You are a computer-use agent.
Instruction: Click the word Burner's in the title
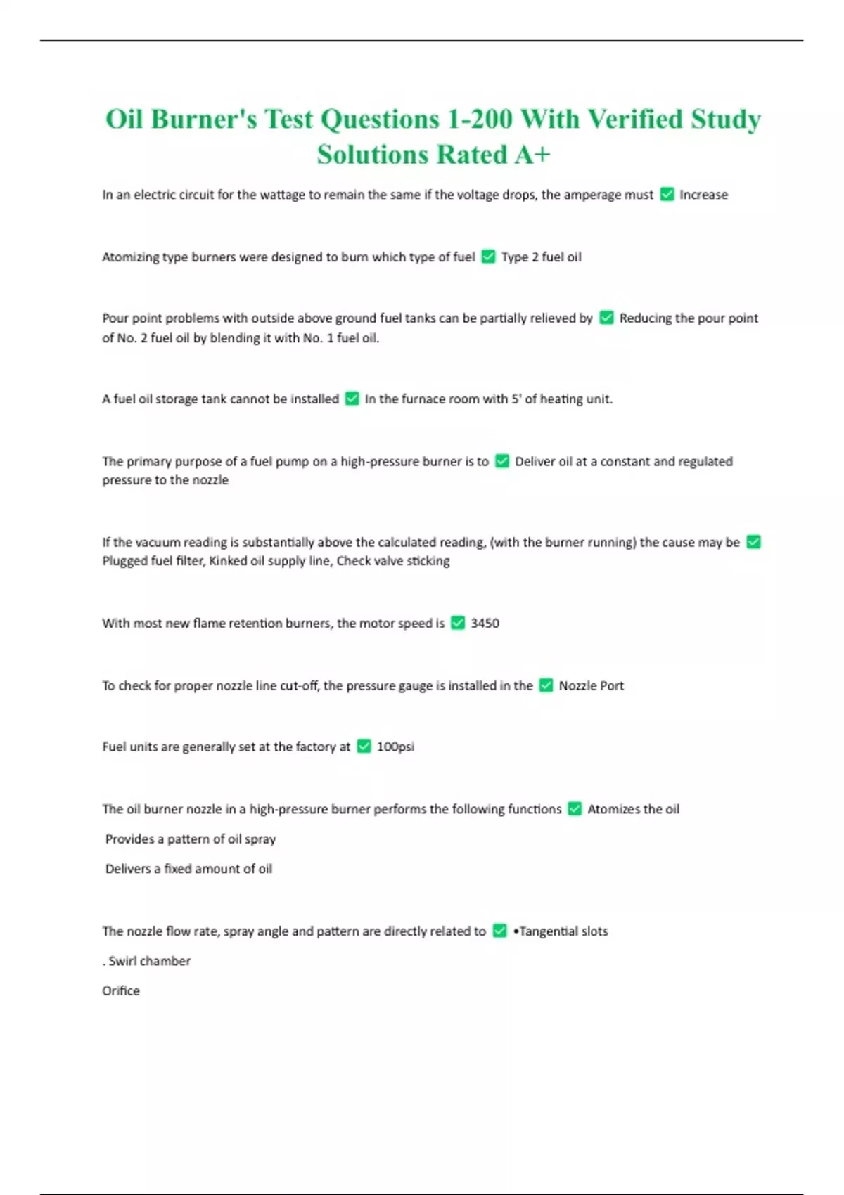pos(203,119)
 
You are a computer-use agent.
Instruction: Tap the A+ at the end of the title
pos(532,155)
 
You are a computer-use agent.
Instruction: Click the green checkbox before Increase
pos(667,195)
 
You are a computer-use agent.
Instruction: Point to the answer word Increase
pos(703,195)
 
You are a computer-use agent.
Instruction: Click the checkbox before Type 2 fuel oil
pos(488,257)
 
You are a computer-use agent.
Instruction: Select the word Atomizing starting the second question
pos(130,257)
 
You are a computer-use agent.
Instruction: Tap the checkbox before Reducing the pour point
pos(606,318)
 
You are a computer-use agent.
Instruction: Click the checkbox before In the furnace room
pos(352,399)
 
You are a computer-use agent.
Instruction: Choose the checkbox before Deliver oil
pos(502,461)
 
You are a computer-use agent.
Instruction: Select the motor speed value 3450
pos(485,624)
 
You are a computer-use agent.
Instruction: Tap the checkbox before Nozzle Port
pos(546,685)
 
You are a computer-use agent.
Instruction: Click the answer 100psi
pos(395,747)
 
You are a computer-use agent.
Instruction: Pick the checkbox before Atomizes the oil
pos(575,809)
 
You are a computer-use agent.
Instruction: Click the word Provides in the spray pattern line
pos(129,839)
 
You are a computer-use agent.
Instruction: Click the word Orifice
pos(121,991)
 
